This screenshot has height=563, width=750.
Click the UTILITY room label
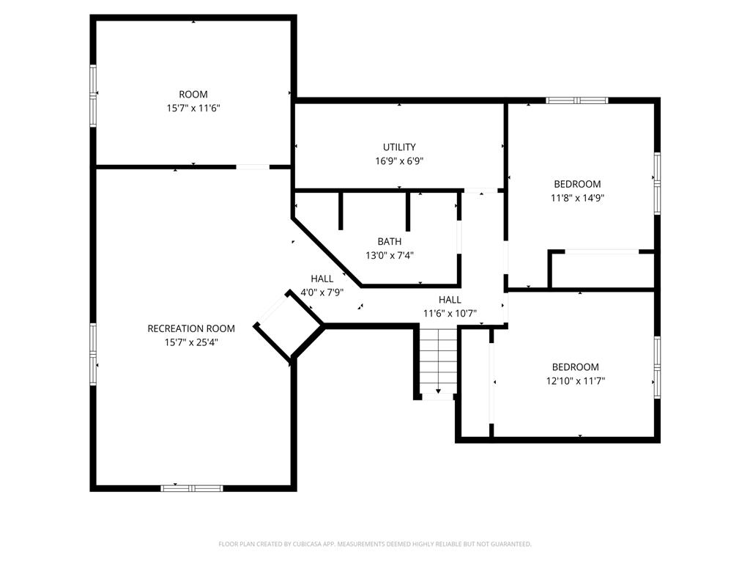(x=399, y=147)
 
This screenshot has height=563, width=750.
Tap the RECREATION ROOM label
(x=190, y=328)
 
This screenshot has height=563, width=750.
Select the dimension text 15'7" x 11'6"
(x=193, y=108)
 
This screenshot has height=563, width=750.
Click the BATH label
(x=389, y=241)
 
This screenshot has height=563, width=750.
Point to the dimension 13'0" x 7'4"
(x=390, y=255)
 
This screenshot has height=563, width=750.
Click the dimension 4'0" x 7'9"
(x=322, y=292)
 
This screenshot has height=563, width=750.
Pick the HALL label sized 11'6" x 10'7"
(x=450, y=299)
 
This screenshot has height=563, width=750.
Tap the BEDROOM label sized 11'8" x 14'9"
(x=577, y=184)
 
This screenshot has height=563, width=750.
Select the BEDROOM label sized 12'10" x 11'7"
(x=575, y=367)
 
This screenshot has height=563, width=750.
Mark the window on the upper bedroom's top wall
(x=577, y=100)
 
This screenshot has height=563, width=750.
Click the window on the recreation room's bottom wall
(x=192, y=487)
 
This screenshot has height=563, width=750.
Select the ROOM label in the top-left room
(x=193, y=94)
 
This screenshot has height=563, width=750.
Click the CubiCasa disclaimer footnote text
(x=375, y=544)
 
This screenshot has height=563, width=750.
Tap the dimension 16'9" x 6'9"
(x=399, y=161)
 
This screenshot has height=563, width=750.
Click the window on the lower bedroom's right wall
(x=657, y=364)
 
